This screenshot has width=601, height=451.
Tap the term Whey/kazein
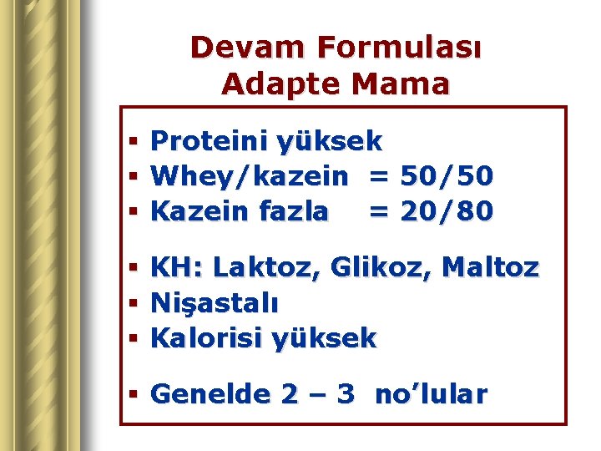click(x=250, y=176)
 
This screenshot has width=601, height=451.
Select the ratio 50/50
click(x=447, y=176)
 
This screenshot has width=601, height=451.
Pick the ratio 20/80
click(x=447, y=211)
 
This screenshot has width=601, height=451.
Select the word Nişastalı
click(x=215, y=303)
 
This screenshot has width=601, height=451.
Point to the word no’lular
click(x=431, y=394)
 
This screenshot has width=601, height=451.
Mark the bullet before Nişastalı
click(x=133, y=304)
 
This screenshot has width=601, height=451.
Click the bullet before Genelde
click(x=133, y=395)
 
